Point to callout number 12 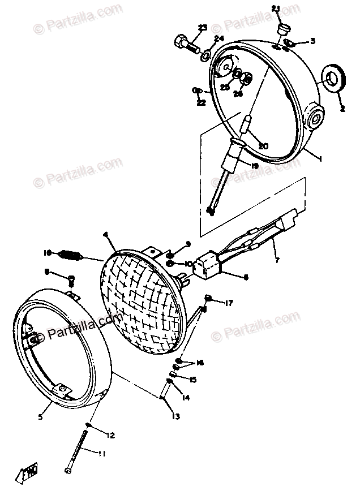pos(110,435)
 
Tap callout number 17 pos(229,303)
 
